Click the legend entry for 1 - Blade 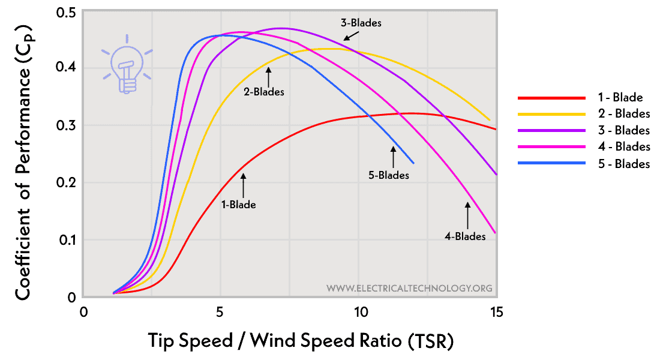coord(620,97)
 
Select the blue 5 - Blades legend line coord(551,163)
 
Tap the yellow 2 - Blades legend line coord(551,113)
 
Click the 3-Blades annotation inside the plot coord(361,23)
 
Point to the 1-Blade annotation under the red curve coord(239,205)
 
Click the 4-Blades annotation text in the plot coord(465,236)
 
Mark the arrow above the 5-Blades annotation coord(393,157)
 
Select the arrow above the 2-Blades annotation coord(269,76)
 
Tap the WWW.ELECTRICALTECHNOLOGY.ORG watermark coord(409,289)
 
